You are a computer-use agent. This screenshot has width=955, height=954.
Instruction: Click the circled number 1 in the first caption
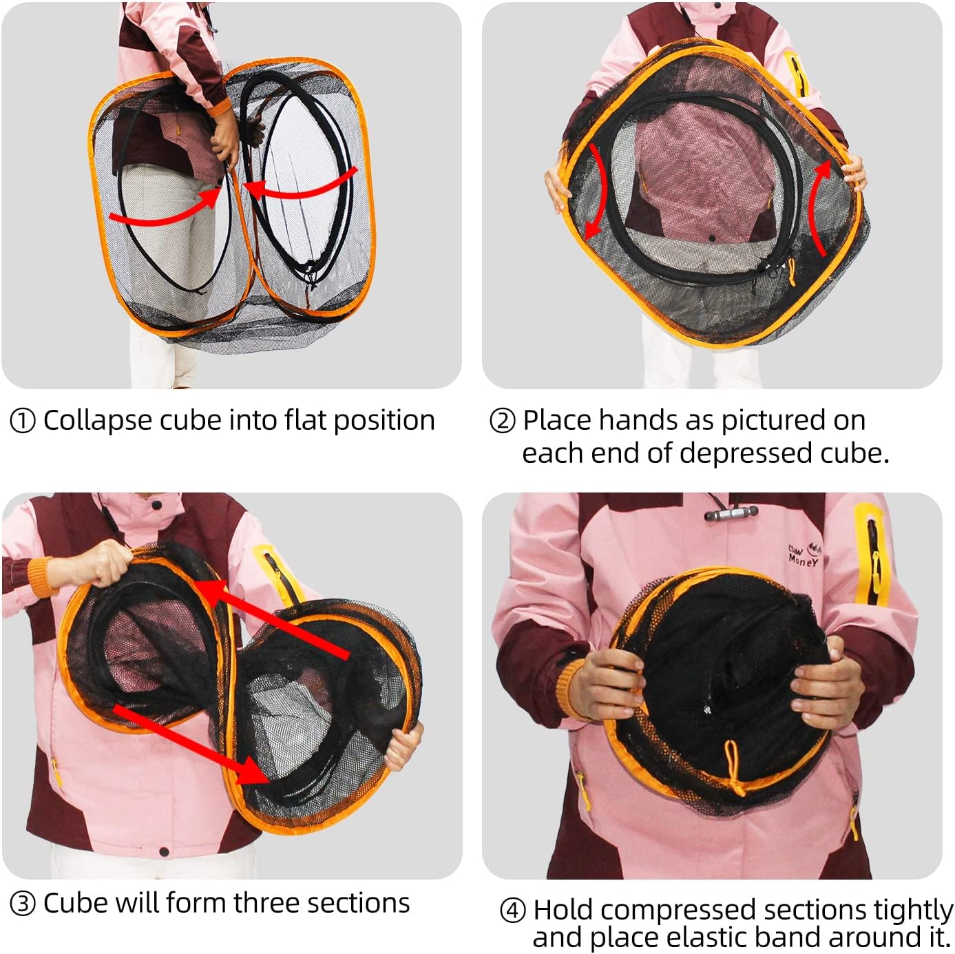[x=23, y=422]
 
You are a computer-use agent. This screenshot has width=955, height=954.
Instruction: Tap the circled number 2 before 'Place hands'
[x=502, y=422]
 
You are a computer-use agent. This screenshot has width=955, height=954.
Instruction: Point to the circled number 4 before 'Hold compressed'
[x=512, y=911]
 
